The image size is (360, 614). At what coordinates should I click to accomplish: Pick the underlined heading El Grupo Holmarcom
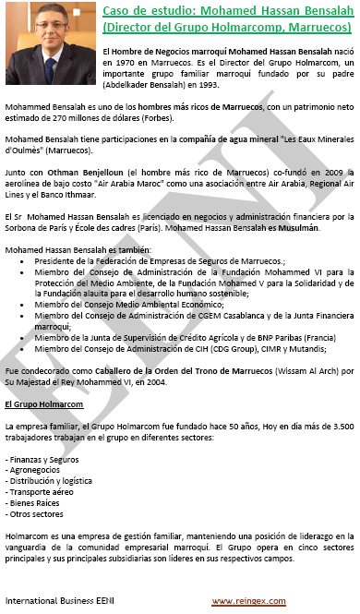click(43, 404)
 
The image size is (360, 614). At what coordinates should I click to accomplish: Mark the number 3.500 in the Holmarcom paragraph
click(341, 427)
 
